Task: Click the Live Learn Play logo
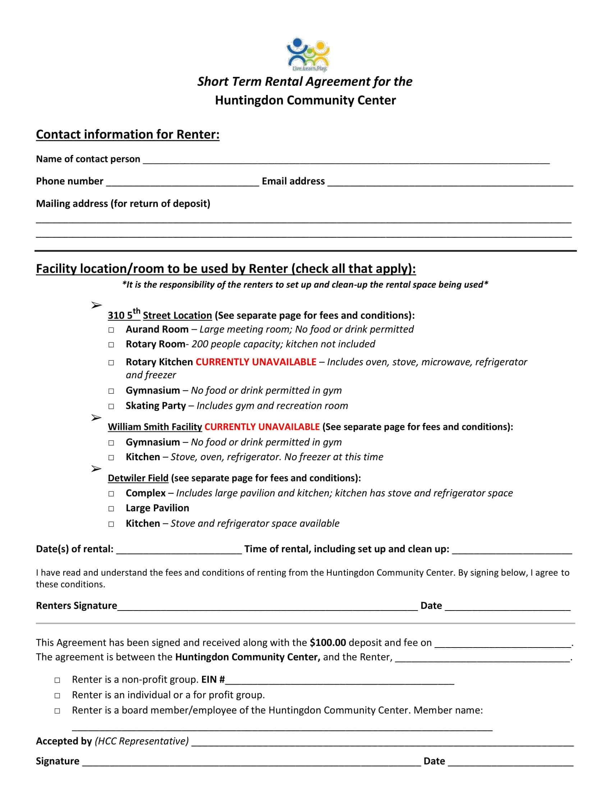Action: [x=308, y=54]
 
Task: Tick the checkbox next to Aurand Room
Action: [x=111, y=330]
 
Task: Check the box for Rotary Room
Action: [x=111, y=345]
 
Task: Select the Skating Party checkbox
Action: [x=111, y=406]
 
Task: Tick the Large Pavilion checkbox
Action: [x=111, y=509]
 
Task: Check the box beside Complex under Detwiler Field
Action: [x=111, y=494]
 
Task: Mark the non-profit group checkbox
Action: [x=57, y=680]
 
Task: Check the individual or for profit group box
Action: [x=57, y=696]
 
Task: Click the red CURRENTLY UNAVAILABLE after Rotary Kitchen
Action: [x=256, y=362]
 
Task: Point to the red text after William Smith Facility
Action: [x=262, y=427]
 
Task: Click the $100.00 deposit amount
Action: [x=327, y=643]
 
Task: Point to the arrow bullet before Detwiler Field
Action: [x=96, y=468]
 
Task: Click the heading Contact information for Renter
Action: [x=128, y=134]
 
